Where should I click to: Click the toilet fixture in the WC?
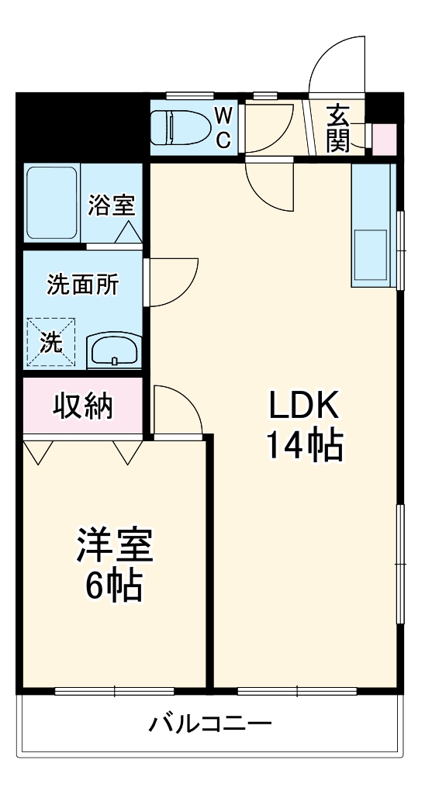click(x=182, y=126)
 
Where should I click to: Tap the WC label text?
click(x=223, y=128)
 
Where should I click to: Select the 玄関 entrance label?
click(x=338, y=127)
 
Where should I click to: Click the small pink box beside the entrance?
click(x=384, y=139)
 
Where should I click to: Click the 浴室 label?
click(x=112, y=205)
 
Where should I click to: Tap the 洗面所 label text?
click(x=83, y=285)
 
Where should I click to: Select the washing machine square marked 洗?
click(x=51, y=342)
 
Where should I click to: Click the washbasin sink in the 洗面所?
click(x=113, y=351)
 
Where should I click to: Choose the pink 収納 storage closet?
click(x=83, y=406)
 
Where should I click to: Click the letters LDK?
click(x=305, y=406)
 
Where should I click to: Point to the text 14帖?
click(x=305, y=446)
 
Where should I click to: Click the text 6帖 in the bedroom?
click(x=114, y=588)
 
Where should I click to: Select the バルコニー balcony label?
click(x=210, y=725)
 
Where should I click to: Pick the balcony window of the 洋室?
click(x=114, y=689)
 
